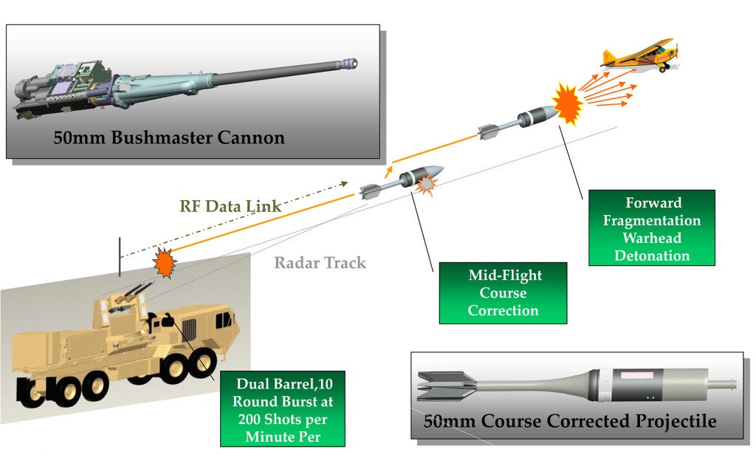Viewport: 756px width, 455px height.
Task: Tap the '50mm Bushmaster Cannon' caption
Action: click(169, 137)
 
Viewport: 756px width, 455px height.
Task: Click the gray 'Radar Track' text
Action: click(320, 262)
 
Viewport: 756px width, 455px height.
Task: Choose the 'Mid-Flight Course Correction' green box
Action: click(503, 292)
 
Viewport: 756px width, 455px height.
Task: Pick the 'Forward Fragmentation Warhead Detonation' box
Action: click(651, 228)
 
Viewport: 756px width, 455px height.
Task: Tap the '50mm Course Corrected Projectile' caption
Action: click(570, 422)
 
